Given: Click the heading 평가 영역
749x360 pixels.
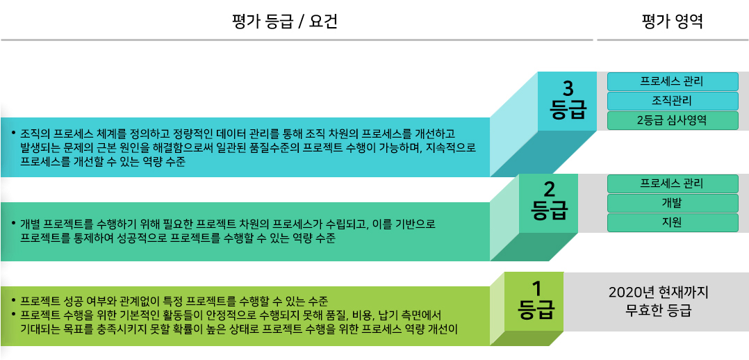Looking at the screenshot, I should tap(672, 22).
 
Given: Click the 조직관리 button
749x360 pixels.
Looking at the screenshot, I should tap(672, 101).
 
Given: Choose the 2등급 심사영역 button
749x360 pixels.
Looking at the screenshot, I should tap(672, 120).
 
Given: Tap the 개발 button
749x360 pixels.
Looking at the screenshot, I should tap(672, 203).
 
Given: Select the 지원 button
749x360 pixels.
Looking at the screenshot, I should tap(672, 222).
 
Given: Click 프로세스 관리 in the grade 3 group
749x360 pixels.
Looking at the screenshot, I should tap(672, 81).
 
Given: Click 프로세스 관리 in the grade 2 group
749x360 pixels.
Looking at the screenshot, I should tap(672, 183).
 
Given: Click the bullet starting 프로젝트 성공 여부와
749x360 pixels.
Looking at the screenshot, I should tap(174, 301).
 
